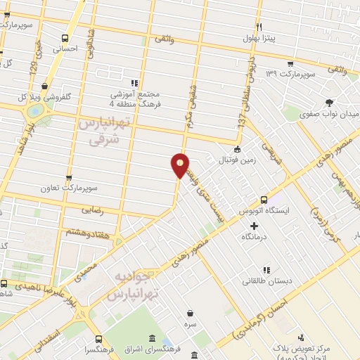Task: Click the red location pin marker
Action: (x=181, y=165)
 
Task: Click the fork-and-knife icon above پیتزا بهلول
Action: (x=259, y=26)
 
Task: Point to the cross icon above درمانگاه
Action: (x=254, y=226)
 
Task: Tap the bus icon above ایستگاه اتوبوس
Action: (x=264, y=199)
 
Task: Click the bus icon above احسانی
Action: (x=65, y=39)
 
